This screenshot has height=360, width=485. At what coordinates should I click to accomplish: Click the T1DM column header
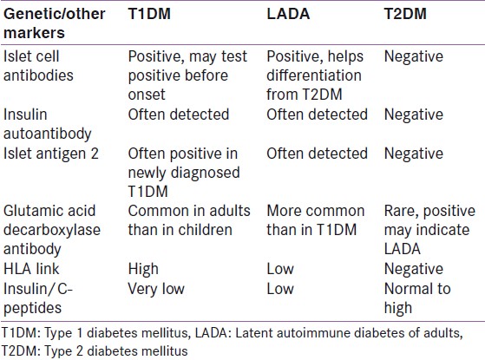tap(149, 14)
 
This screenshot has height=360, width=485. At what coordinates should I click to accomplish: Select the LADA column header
tap(288, 14)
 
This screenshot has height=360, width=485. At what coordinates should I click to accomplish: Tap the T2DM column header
tap(405, 14)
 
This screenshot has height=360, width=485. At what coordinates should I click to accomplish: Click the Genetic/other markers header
tap(55, 23)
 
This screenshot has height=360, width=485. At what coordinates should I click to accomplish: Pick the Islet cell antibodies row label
tap(38, 66)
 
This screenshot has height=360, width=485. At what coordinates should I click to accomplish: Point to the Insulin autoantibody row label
tap(48, 124)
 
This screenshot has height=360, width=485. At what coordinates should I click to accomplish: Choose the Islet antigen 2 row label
tap(51, 154)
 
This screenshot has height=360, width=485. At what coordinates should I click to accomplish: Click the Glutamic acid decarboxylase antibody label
tap(52, 231)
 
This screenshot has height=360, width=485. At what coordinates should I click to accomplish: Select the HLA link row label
tap(31, 269)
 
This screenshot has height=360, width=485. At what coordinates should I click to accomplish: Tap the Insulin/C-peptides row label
tap(37, 298)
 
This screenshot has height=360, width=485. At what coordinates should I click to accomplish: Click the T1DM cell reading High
tap(143, 270)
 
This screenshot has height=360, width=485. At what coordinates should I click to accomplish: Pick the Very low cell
tap(156, 289)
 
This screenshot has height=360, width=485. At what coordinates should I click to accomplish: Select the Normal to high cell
tap(417, 298)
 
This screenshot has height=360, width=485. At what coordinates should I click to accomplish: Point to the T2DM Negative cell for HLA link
tap(414, 269)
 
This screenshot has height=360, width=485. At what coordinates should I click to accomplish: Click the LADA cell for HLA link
tap(280, 269)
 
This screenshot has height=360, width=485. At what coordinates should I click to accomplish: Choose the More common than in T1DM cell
tap(316, 220)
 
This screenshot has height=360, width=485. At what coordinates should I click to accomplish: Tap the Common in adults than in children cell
tap(189, 220)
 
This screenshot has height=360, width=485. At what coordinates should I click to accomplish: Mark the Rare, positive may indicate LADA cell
tap(429, 230)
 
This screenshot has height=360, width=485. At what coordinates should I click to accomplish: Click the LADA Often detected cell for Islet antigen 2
tap(317, 154)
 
